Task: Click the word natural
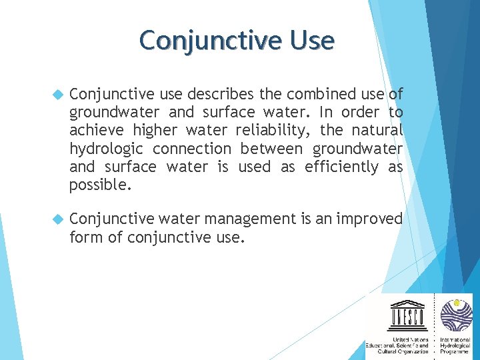(x=377, y=131)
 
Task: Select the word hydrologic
(x=107, y=149)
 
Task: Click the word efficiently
(x=341, y=167)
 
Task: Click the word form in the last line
(x=85, y=237)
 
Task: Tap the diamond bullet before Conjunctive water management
(x=57, y=219)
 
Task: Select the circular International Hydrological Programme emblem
(x=456, y=314)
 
